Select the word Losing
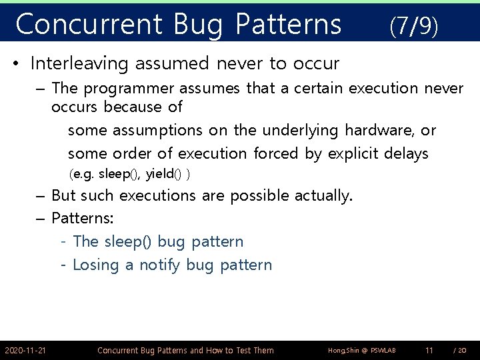click(95, 265)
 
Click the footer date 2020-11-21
click(25, 350)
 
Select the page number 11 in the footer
click(429, 350)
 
